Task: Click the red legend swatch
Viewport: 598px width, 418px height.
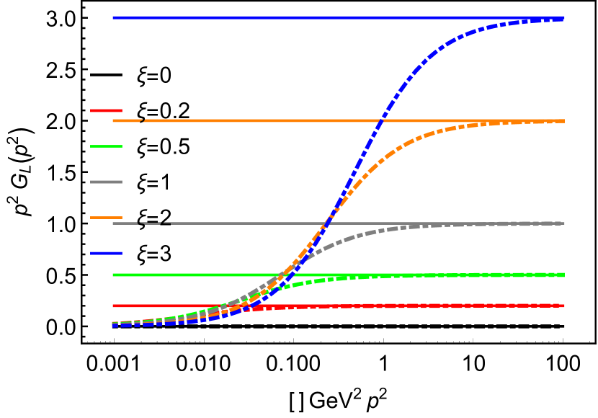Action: coord(106,110)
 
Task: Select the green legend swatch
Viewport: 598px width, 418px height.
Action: coord(106,146)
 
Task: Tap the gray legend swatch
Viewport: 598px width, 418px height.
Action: coord(106,182)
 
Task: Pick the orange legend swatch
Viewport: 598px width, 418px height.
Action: coord(106,217)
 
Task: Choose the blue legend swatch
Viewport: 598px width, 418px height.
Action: coord(106,253)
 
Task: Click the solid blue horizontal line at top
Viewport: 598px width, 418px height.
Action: coord(288,17)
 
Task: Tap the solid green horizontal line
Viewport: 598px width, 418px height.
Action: coord(180,275)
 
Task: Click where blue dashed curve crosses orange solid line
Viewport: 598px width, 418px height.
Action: coord(381,120)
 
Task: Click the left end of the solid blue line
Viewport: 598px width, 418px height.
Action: coord(114,17)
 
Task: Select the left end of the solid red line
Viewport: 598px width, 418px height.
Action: coord(114,306)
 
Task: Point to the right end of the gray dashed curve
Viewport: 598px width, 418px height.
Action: coord(563,223)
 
